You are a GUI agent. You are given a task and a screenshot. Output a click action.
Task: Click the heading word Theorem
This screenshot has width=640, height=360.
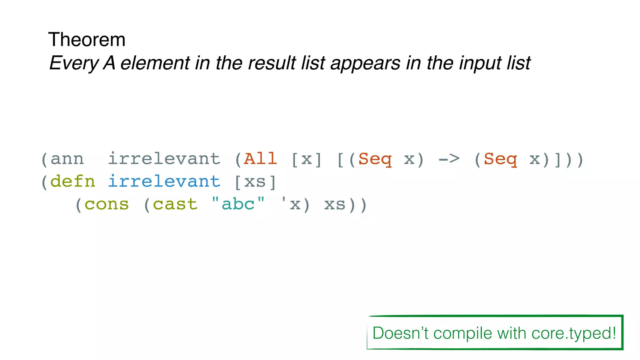[87, 40]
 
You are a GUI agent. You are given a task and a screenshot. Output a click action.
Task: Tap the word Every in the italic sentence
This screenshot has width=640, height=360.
[74, 63]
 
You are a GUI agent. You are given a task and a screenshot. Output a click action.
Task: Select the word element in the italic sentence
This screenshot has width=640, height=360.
[155, 63]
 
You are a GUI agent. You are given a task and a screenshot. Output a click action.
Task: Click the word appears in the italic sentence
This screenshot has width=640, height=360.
[365, 63]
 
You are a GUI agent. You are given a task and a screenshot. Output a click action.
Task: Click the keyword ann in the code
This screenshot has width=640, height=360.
[67, 159]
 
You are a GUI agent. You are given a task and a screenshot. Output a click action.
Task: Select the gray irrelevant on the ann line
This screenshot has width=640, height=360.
[164, 159]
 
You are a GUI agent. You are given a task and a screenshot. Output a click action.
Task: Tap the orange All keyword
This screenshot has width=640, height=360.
[260, 159]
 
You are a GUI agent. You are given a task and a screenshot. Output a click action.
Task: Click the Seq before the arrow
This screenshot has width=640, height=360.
[375, 159]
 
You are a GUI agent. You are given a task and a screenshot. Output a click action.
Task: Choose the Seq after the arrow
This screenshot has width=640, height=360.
[500, 159]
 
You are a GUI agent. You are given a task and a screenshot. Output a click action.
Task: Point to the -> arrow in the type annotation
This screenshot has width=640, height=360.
[449, 159]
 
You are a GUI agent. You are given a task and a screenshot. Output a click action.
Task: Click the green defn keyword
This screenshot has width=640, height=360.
[72, 182]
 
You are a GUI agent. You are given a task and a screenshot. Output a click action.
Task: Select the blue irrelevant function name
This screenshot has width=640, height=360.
[164, 182]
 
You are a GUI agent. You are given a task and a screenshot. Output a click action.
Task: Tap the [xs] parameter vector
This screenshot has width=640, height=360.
[255, 182]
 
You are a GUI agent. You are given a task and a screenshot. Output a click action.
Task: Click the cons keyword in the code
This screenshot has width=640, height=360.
[107, 205]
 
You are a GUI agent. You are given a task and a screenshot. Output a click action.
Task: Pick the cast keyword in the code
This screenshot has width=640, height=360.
[175, 205]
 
